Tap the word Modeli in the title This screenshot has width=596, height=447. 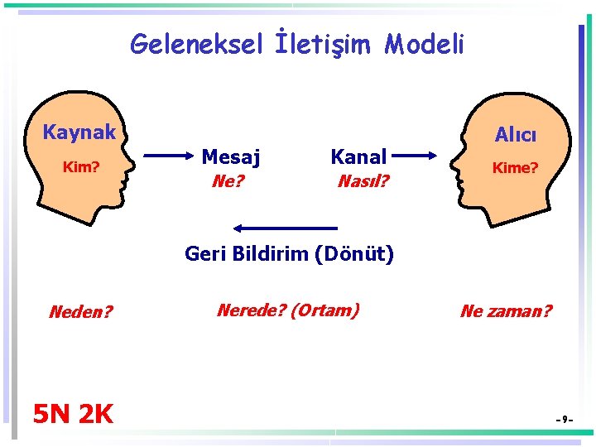tap(424, 43)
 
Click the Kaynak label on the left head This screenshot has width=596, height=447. tap(79, 132)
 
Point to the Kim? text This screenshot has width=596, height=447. tap(82, 167)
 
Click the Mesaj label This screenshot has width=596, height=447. tap(231, 156)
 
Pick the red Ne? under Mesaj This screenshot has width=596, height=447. tap(228, 180)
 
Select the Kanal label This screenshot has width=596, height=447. tap(358, 156)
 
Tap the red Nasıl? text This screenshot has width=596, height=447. tap(363, 180)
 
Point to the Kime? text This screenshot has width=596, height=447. tap(515, 168)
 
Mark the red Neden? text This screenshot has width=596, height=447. tap(81, 312)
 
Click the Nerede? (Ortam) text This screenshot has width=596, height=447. tap(287, 310)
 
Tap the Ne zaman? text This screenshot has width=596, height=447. tap(506, 311)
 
